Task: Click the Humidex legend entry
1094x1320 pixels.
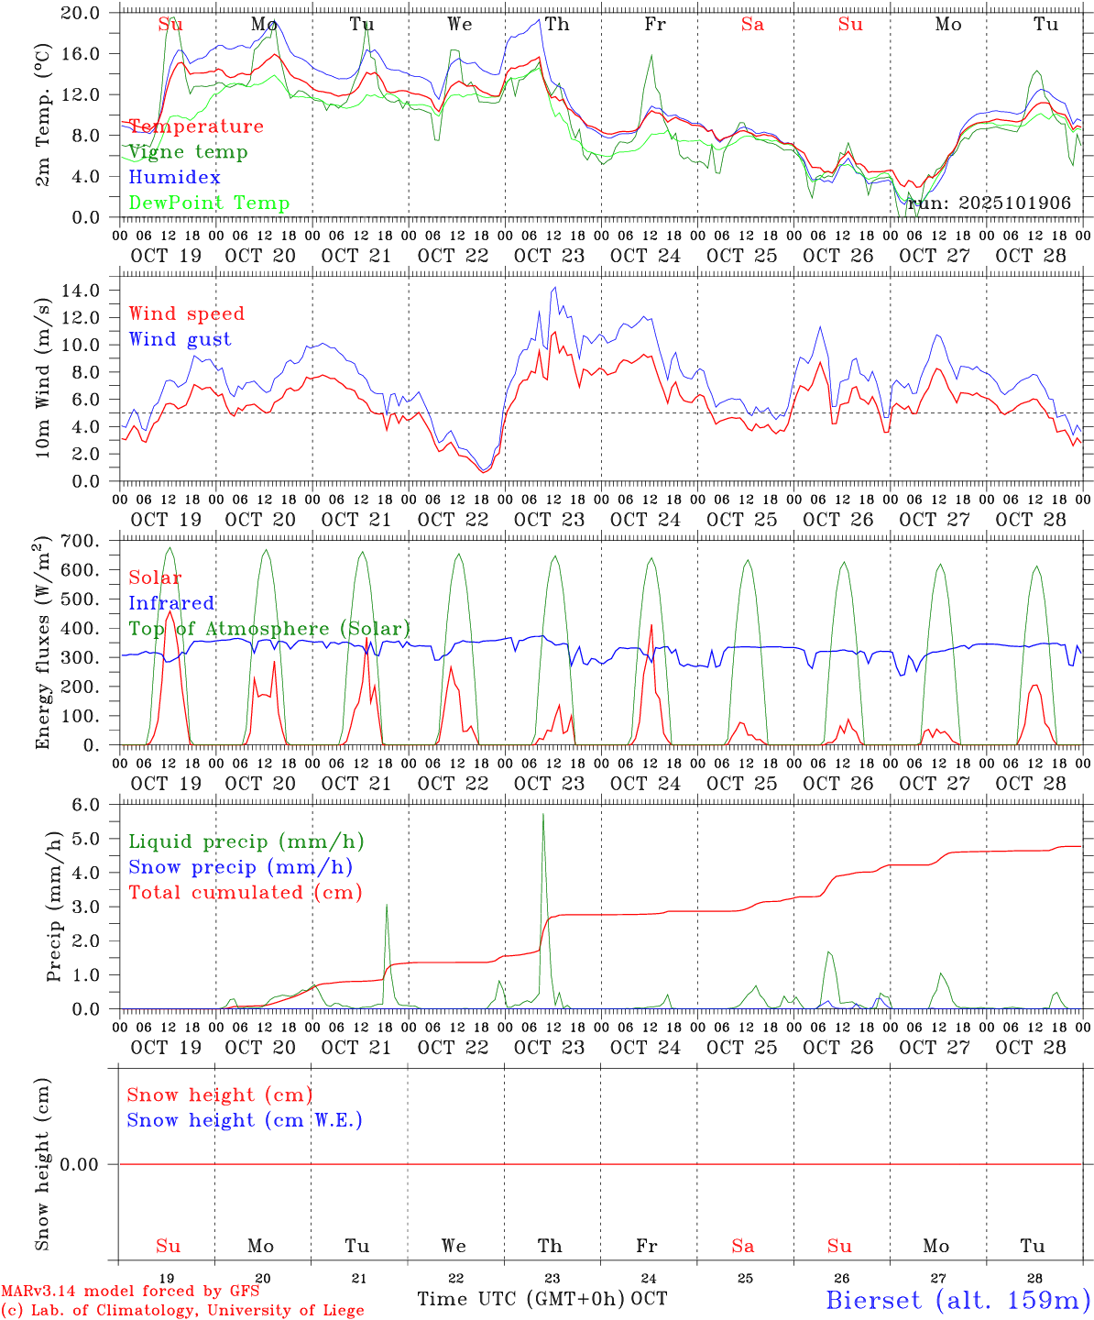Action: [174, 177]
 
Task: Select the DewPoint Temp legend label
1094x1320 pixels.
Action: [209, 203]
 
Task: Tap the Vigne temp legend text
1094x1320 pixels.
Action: [188, 151]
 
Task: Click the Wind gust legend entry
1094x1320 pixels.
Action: [180, 339]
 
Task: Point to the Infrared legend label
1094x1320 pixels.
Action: [171, 603]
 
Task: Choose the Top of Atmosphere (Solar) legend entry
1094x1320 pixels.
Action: [269, 629]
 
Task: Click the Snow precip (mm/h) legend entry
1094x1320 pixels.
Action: [240, 867]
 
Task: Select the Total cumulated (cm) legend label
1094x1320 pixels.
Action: [245, 893]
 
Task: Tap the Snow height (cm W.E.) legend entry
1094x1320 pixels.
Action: [244, 1120]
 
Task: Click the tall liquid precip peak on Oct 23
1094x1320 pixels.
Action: [543, 816]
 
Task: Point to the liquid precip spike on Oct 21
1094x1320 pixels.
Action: [387, 906]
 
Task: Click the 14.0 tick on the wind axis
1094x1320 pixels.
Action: [93, 291]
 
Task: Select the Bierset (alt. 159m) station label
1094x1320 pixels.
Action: [957, 1299]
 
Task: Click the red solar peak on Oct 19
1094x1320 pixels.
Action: [170, 612]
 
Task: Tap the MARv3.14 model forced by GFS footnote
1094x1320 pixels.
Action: [130, 1291]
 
